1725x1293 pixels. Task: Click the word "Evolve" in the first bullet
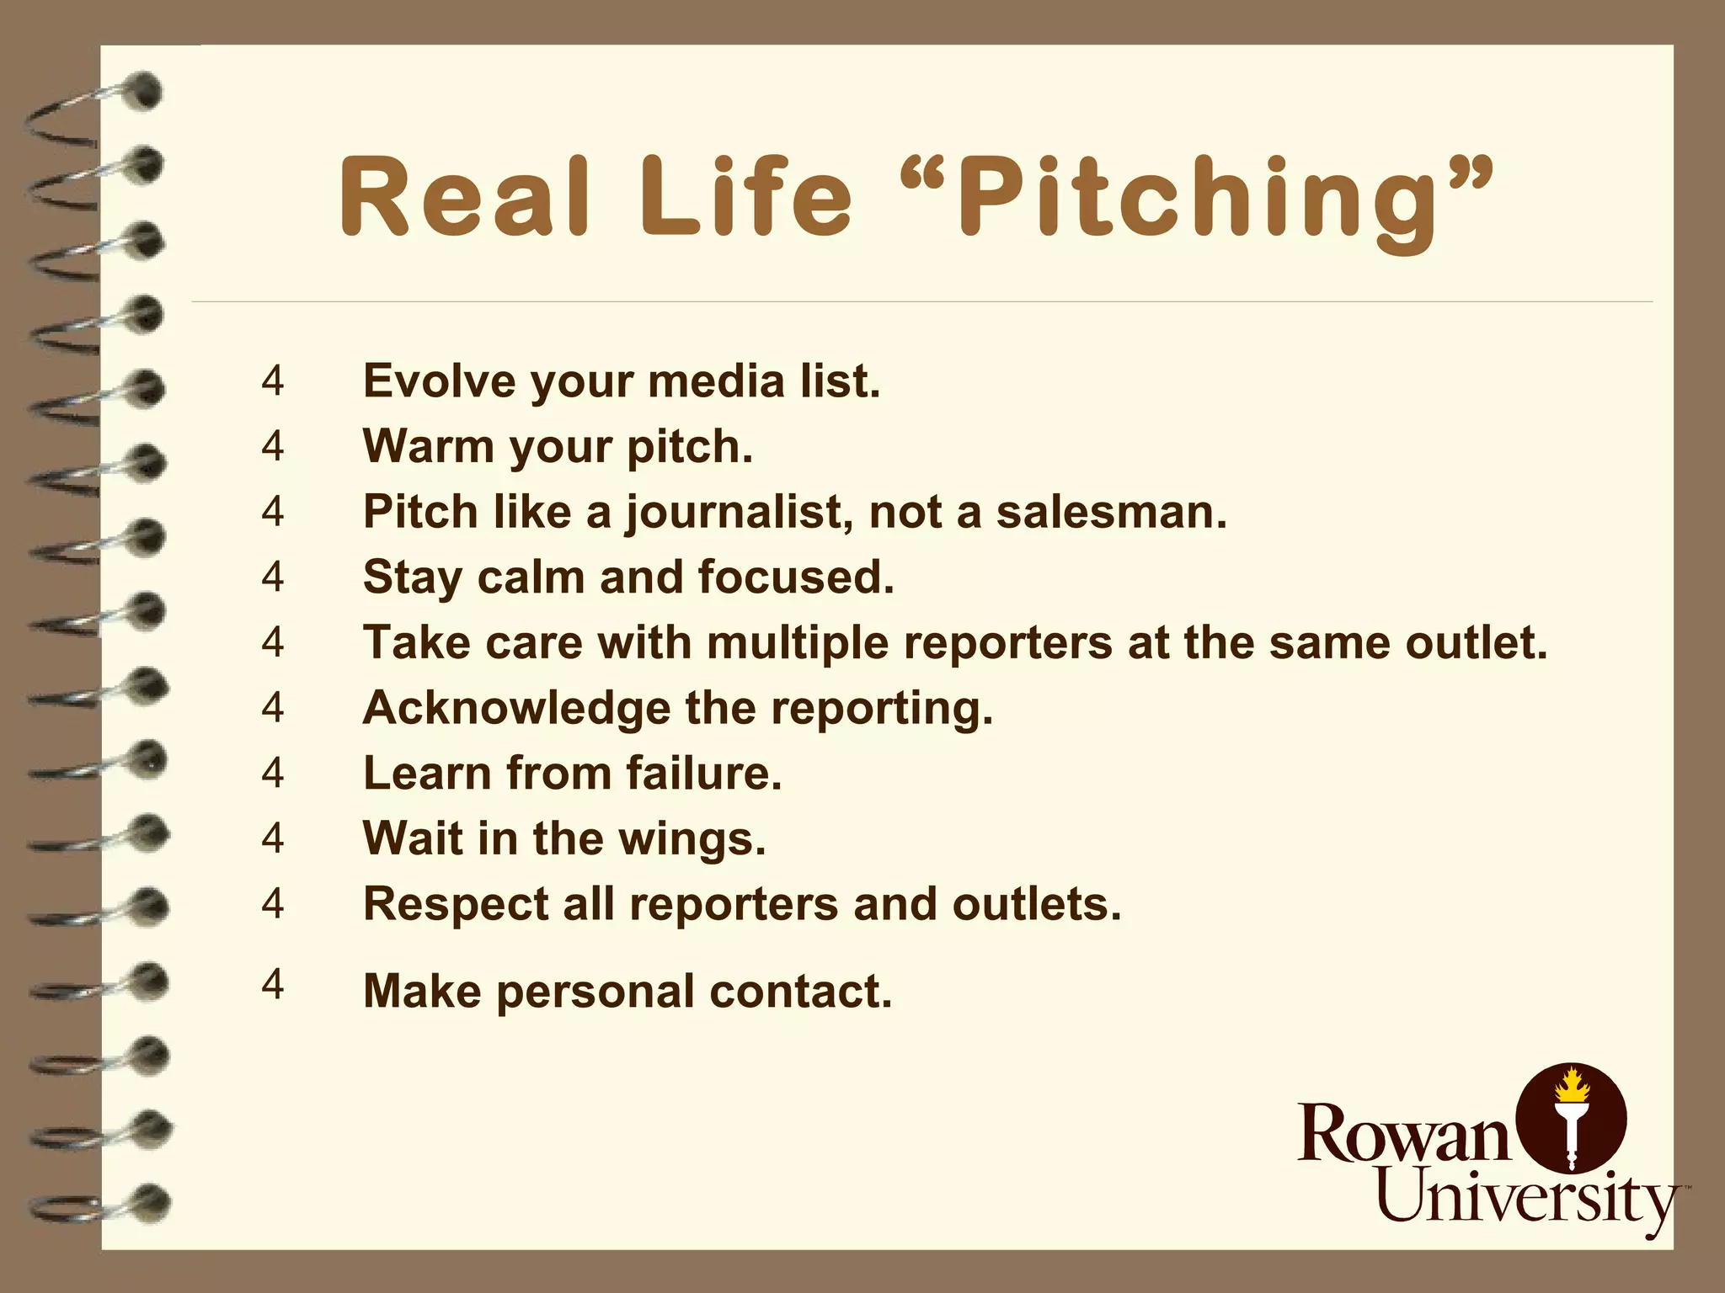439,380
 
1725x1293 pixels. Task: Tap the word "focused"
796,577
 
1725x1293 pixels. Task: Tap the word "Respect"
456,904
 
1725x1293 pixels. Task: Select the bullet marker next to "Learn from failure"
273,772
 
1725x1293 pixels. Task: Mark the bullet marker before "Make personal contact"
273,983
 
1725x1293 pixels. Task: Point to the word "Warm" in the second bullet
428,446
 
